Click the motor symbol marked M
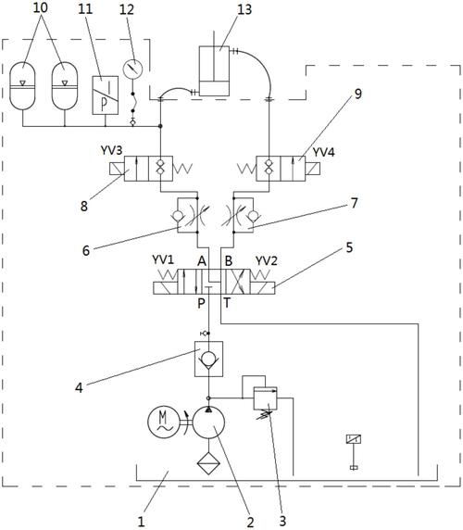coord(164,422)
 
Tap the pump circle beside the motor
coord(208,423)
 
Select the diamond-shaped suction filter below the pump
coord(208,463)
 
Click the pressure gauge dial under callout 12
coord(132,69)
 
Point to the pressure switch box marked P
coord(106,95)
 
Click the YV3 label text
coord(111,150)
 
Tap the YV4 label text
coord(323,153)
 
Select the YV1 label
coord(163,260)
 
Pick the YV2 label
coord(266,261)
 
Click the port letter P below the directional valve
coord(201,303)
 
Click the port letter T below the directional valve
coord(227,303)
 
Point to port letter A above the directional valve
coord(202,261)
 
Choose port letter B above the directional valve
coord(229,261)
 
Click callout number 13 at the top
coord(244,9)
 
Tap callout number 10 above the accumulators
coord(40,7)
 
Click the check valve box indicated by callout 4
coord(208,359)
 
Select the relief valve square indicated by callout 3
coord(265,398)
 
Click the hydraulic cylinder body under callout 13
coord(214,71)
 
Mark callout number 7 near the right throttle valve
coord(354,203)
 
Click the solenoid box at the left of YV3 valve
coord(117,169)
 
